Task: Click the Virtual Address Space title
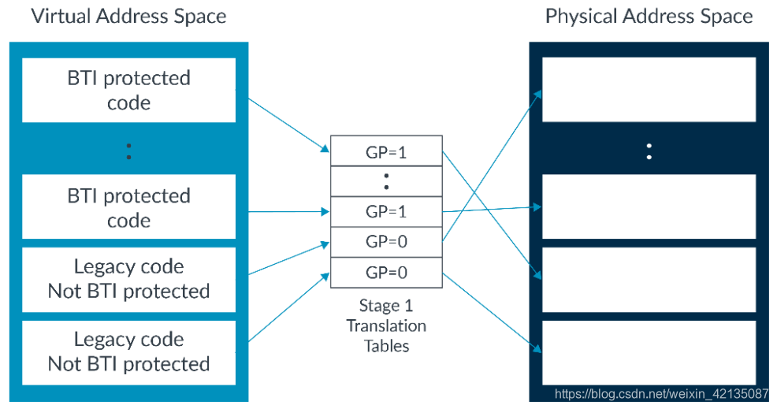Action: coord(128,17)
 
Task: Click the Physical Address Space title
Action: coord(649,17)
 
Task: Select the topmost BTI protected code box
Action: coord(128,90)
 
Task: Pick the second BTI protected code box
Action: coord(128,206)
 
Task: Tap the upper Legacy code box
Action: coord(128,279)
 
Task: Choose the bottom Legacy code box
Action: coord(128,351)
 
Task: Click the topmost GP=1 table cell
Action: coord(386,152)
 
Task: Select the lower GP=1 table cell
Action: coord(386,212)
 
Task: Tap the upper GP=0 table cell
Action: coord(386,242)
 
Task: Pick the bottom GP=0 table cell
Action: coord(386,273)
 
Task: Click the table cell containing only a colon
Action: coord(386,182)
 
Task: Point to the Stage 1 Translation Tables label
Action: coord(386,325)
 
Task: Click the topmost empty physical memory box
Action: coord(649,90)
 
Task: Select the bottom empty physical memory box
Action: coord(649,351)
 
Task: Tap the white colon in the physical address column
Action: coord(649,151)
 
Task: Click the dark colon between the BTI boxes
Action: coord(128,151)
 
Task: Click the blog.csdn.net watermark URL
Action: coord(661,393)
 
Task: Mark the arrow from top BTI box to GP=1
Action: coord(288,124)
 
